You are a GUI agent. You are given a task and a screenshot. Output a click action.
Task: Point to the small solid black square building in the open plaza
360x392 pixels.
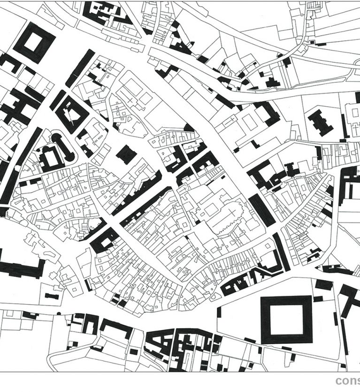point(126,154)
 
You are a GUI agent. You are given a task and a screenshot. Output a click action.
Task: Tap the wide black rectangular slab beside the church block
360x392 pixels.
point(261,210)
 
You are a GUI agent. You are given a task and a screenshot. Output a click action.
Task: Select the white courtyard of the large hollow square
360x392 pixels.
point(286,320)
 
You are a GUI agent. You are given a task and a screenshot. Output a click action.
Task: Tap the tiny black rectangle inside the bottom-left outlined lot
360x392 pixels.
point(51,296)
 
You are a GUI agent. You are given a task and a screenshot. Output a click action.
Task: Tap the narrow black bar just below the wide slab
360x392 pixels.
point(282,251)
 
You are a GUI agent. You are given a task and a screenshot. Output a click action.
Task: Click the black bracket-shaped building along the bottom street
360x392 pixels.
point(116,327)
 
